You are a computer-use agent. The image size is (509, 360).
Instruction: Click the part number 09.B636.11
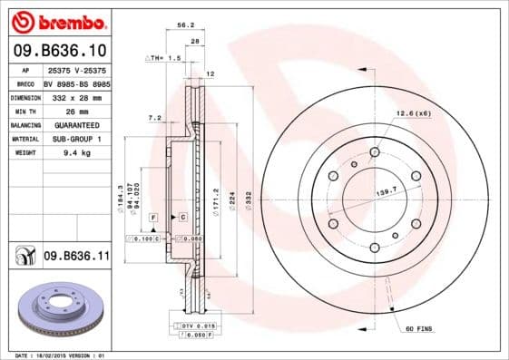point(76,257)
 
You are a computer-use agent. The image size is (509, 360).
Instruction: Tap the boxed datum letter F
point(153,219)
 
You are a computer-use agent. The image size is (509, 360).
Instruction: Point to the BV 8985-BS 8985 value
point(76,82)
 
